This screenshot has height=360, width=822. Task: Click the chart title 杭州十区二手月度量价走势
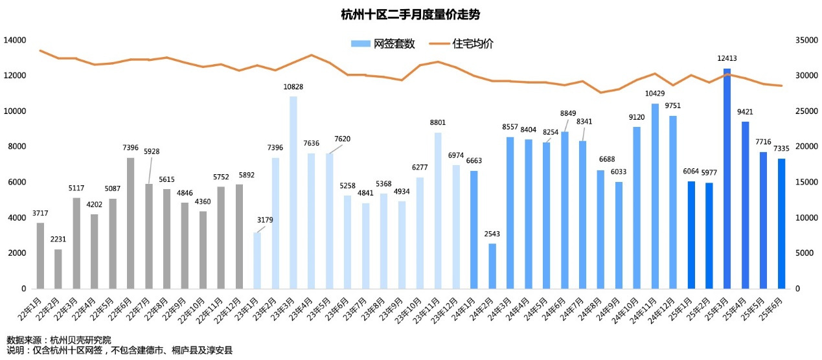pos(411,14)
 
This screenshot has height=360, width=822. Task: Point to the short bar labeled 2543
pos(492,265)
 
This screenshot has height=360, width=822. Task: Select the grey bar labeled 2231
pos(58,269)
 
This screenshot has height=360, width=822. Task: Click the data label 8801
pos(438,122)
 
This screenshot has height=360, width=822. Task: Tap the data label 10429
pos(655,93)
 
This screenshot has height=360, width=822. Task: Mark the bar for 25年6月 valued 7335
pos(781,223)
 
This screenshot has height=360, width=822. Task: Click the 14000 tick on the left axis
pos(14,40)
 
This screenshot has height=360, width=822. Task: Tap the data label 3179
pos(265,220)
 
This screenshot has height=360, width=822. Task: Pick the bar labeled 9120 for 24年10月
pos(637,207)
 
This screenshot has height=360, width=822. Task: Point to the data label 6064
pos(691,171)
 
